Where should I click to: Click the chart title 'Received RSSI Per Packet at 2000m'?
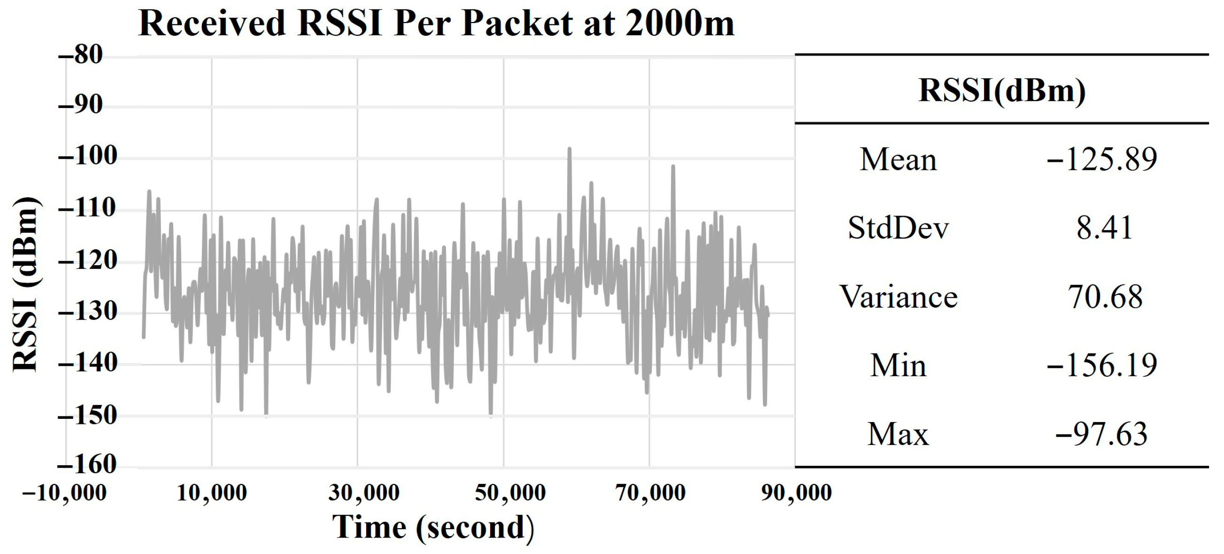point(436,23)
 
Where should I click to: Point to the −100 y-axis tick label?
point(88,156)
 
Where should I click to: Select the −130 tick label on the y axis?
point(88,312)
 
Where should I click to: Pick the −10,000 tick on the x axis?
point(65,492)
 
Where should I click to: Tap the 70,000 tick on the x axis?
point(650,492)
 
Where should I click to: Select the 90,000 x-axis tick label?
point(796,492)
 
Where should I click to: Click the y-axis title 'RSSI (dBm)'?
point(25,284)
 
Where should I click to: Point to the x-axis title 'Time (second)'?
point(433,527)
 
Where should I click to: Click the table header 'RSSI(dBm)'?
point(1002,90)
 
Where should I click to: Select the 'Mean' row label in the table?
point(898,160)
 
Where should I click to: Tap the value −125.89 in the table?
point(1101,160)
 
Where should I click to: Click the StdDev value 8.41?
point(1104,228)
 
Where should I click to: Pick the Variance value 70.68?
point(1105,297)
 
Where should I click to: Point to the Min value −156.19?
point(1101,365)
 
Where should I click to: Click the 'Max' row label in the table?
point(898,434)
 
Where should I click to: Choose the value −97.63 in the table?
point(1101,434)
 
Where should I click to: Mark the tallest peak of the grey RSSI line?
point(569,149)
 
